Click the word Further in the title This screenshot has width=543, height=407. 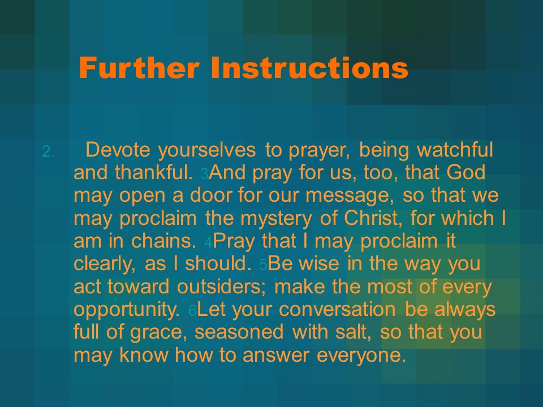(139, 67)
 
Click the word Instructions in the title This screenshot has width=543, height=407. (309, 67)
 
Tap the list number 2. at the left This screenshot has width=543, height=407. (49, 151)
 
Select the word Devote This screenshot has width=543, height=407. (118, 149)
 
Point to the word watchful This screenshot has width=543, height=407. (455, 149)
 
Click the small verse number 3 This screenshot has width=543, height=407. (204, 174)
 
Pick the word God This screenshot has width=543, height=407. (466, 172)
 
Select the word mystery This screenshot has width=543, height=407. (276, 219)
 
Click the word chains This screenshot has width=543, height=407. (164, 241)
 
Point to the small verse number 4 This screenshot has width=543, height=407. (208, 243)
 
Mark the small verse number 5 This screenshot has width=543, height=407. (263, 265)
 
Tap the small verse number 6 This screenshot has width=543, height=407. (192, 311)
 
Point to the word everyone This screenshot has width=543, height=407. (361, 356)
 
